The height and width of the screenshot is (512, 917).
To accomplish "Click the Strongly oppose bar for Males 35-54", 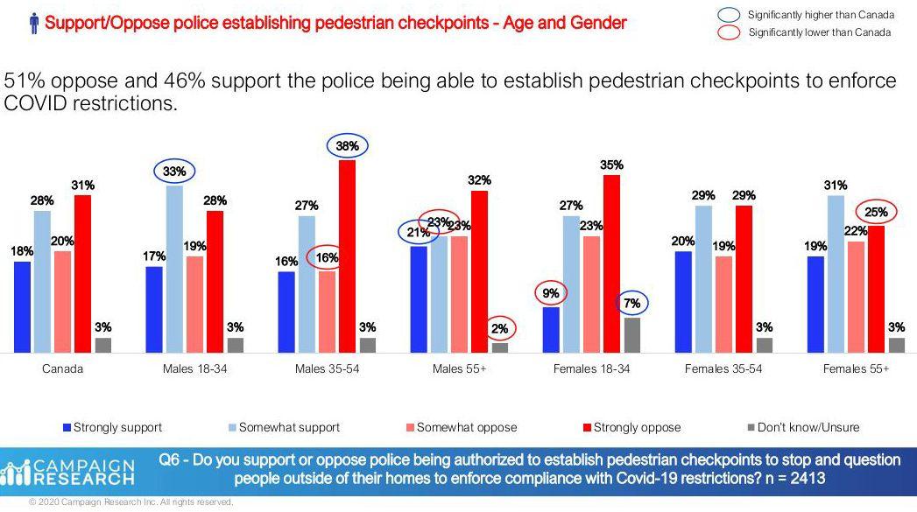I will pos(347,256).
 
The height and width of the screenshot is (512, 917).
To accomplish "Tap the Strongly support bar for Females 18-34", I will pos(551,330).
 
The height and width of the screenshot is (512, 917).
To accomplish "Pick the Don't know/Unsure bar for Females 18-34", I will pos(632,335).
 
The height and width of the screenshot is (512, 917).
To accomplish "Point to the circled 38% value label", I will pos(348,146).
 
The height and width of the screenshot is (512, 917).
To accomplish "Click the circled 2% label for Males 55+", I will pos(500,328).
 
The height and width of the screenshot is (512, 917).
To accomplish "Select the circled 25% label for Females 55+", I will pos(877,212).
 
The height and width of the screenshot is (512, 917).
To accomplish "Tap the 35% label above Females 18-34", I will pos(611,164).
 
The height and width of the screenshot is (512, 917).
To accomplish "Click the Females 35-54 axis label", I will pos(723,368).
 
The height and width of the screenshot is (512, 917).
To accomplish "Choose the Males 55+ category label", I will pos(458,368).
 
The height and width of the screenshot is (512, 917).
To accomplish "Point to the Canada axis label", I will pos(63,368).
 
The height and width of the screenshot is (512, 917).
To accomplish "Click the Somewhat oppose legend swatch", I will pos(410,428).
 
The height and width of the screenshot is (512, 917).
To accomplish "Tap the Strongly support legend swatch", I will pos(67,428).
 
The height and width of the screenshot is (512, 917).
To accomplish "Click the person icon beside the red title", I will pos(33,24).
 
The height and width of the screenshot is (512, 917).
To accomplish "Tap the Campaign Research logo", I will pos(70,472).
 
